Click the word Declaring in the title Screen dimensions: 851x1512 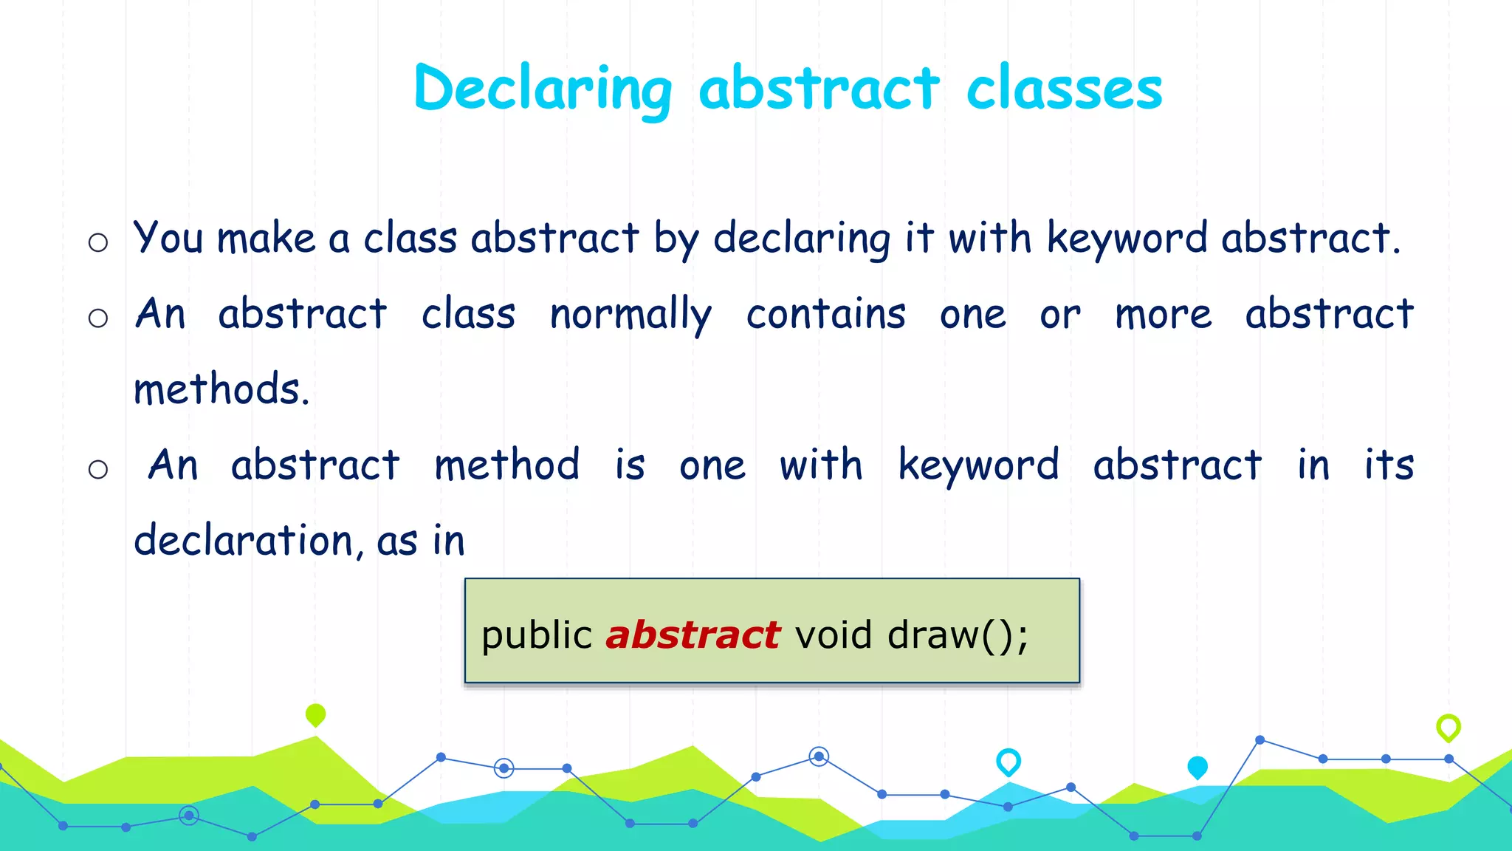click(543, 89)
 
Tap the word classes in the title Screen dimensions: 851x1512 click(1064, 89)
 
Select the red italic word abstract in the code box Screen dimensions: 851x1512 click(692, 635)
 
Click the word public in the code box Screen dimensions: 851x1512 click(537, 635)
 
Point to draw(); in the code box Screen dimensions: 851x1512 click(958, 635)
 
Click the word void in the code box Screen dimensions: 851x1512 click(834, 635)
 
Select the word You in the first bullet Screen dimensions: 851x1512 click(168, 239)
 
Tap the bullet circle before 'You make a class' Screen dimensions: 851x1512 click(98, 242)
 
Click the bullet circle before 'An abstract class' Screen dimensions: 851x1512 click(98, 318)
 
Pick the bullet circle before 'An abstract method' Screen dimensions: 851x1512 click(98, 469)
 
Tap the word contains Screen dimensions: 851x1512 click(825, 314)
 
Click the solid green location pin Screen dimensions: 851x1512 click(315, 714)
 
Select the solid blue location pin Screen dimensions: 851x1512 click(1197, 767)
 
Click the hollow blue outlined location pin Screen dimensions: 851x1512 click(1008, 761)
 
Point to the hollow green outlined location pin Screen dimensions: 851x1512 click(1448, 727)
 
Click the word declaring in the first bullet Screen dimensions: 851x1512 click(802, 239)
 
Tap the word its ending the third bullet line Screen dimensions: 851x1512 click(1389, 465)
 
